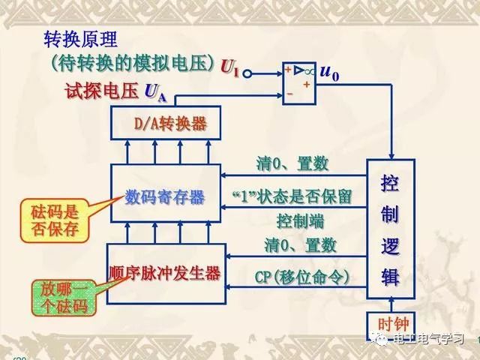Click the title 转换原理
(81, 40)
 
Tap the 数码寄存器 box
(165, 197)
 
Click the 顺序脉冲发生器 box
(165, 273)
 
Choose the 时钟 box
(390, 325)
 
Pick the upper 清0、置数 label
(297, 163)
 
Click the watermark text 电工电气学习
(427, 340)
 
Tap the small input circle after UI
(247, 73)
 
